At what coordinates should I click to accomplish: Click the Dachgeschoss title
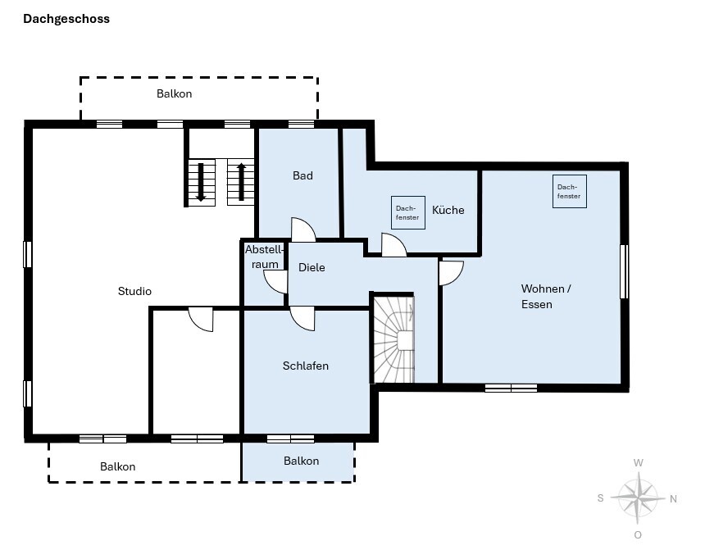pos(66,19)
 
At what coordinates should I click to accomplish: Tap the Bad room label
pos(302,175)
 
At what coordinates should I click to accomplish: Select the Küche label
pos(448,210)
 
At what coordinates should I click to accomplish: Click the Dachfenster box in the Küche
pos(407,213)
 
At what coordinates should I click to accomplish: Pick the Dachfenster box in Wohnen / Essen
pos(570,191)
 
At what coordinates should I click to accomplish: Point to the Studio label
pos(134,291)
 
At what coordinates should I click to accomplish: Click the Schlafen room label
pos(305,366)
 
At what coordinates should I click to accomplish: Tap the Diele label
pos(312,267)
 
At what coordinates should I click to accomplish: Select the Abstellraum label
pos(264,257)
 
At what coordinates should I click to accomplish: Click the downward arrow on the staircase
pos(201,182)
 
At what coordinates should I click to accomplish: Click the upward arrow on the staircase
pos(242,182)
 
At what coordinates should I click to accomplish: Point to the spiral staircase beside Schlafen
pos(393,339)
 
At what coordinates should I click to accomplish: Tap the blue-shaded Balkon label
pos(301,461)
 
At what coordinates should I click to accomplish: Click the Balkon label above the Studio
pos(174,93)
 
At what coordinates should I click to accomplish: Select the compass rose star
pos(638,498)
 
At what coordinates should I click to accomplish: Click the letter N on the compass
pos(673,498)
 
